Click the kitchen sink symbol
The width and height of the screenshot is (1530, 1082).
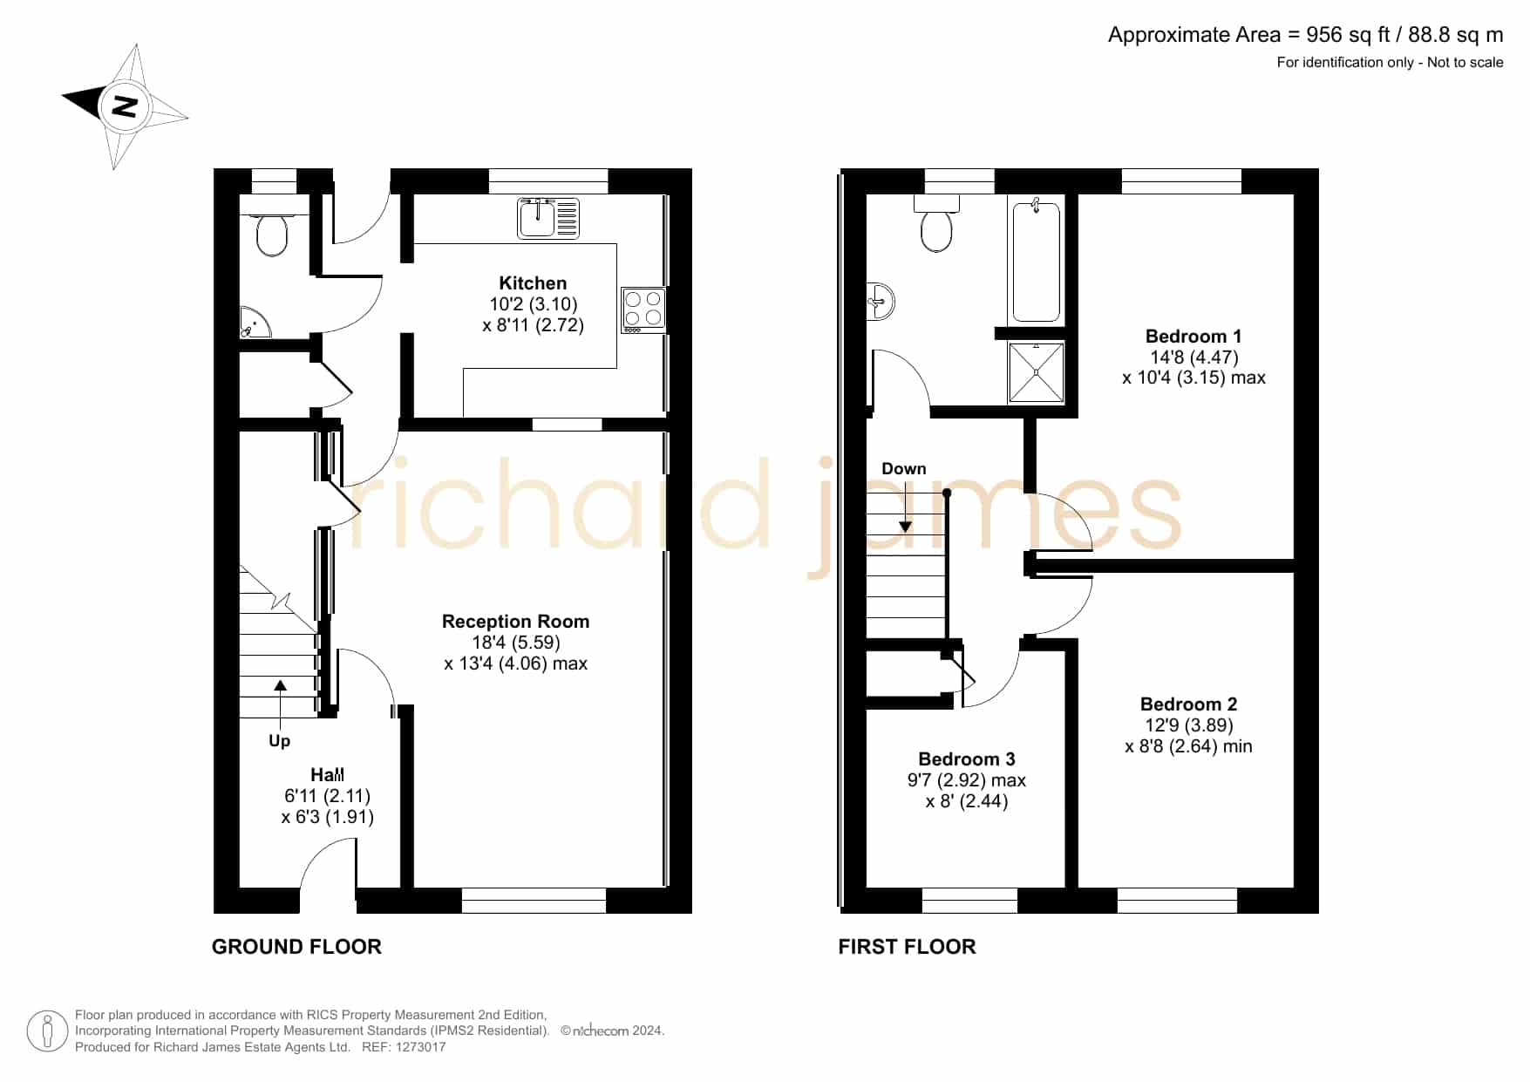548,218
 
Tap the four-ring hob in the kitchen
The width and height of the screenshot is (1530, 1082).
643,310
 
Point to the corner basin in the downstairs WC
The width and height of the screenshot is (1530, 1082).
255,323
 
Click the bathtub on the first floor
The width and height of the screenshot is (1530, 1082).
1036,260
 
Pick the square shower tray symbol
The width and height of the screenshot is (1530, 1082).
1036,372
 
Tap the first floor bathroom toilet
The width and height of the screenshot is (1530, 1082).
936,224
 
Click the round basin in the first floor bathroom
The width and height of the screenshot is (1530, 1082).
881,302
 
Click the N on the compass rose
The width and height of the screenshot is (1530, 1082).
126,106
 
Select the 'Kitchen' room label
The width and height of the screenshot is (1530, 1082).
533,283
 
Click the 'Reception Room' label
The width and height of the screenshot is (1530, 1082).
515,622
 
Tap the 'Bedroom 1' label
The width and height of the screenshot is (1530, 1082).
1193,337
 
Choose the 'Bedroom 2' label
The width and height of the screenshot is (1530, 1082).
1188,704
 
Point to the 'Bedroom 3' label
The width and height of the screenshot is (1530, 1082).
966,759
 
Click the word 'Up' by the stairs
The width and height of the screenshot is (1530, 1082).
279,741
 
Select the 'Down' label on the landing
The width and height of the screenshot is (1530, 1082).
903,469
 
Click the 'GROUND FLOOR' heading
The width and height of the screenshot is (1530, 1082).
296,947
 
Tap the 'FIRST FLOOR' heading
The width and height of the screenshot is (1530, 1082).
907,947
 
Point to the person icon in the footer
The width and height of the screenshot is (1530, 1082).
47,1031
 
